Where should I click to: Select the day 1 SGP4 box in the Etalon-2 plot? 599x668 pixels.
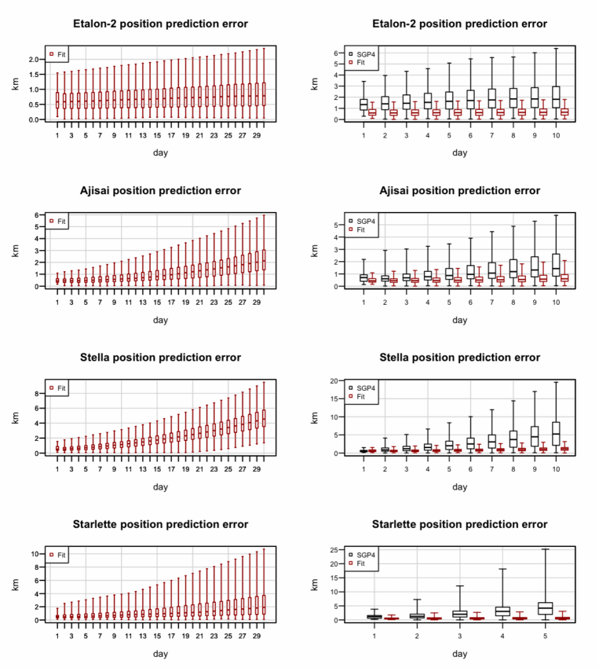click(x=363, y=104)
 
